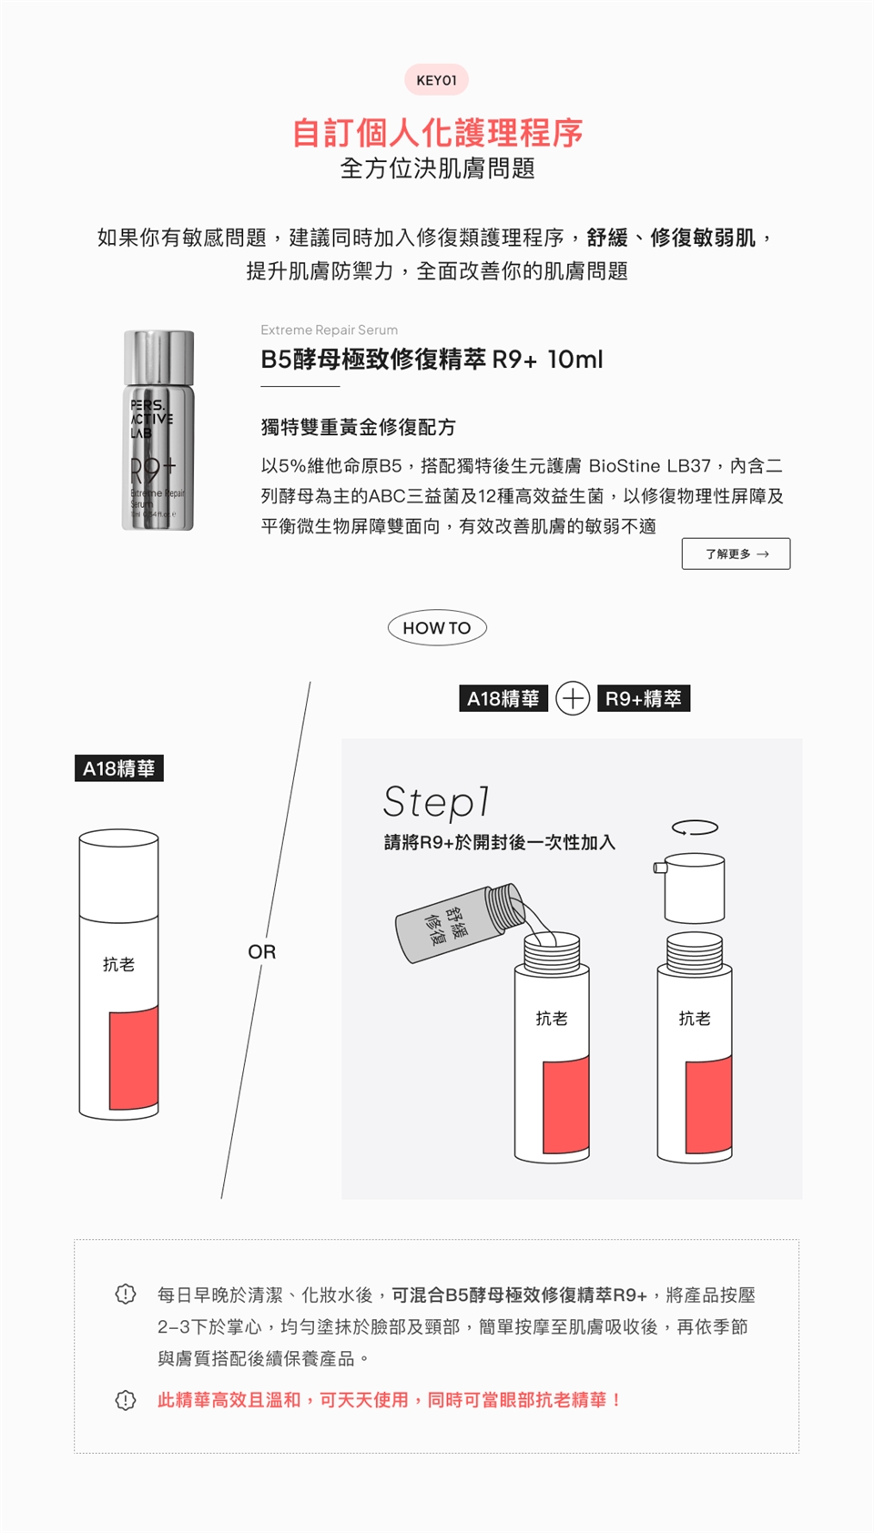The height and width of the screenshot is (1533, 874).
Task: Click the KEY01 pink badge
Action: pyautogui.click(x=436, y=80)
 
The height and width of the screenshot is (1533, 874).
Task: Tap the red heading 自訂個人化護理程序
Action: pyautogui.click(x=437, y=133)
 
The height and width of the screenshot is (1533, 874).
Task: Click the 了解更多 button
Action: pyautogui.click(x=736, y=553)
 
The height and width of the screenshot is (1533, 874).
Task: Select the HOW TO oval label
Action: pyautogui.click(x=437, y=627)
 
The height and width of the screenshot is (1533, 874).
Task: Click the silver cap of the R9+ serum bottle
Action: pyautogui.click(x=158, y=357)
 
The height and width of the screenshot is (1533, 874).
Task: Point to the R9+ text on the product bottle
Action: pyautogui.click(x=153, y=470)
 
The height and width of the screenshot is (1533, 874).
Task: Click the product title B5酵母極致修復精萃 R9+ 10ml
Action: pyautogui.click(x=432, y=360)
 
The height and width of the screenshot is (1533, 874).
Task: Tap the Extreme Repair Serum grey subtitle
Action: pyautogui.click(x=330, y=330)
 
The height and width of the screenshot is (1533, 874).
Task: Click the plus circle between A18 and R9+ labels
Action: pyautogui.click(x=573, y=699)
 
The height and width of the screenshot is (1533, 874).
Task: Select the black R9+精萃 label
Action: pyautogui.click(x=644, y=699)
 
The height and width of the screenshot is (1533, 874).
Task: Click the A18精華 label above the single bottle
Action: pyautogui.click(x=119, y=768)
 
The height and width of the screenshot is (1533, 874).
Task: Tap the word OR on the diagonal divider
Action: pyautogui.click(x=262, y=952)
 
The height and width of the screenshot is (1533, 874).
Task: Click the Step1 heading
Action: pyautogui.click(x=436, y=802)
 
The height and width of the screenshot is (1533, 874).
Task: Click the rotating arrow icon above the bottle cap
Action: pyautogui.click(x=695, y=828)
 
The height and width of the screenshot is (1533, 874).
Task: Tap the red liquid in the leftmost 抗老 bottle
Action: pyautogui.click(x=134, y=1058)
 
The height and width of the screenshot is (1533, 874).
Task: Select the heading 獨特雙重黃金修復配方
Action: pyautogui.click(x=358, y=428)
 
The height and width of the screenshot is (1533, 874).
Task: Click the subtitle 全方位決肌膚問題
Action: pyautogui.click(x=437, y=168)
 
